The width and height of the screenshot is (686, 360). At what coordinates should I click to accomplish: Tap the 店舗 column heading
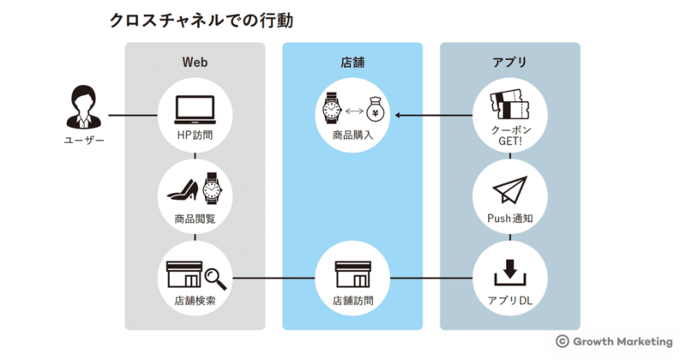(352, 63)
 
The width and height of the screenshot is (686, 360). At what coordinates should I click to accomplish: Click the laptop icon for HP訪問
(195, 108)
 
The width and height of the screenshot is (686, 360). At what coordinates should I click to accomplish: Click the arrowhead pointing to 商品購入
(400, 115)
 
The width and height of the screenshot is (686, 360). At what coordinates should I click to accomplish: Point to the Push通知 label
(510, 219)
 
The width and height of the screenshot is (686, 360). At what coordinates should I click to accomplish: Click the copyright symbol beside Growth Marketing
(563, 340)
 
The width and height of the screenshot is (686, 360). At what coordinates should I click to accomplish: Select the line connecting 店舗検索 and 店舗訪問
(274, 278)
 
